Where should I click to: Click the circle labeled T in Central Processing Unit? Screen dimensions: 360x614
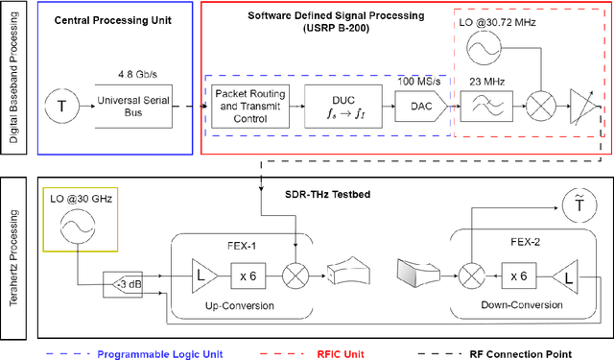coord(64,104)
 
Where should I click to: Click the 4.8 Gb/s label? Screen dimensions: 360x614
coord(134,74)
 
